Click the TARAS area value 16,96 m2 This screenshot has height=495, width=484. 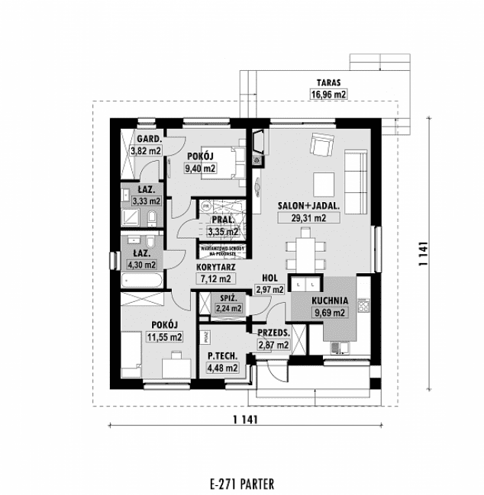pyautogui.click(x=328, y=95)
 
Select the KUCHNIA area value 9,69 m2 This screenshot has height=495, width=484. pyautogui.click(x=330, y=312)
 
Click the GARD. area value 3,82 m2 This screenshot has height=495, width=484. pyautogui.click(x=145, y=150)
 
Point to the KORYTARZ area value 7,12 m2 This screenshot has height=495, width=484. pyautogui.click(x=214, y=279)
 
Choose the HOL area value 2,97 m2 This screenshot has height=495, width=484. pyautogui.click(x=269, y=289)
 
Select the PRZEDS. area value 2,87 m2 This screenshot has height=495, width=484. pyautogui.click(x=273, y=345)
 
